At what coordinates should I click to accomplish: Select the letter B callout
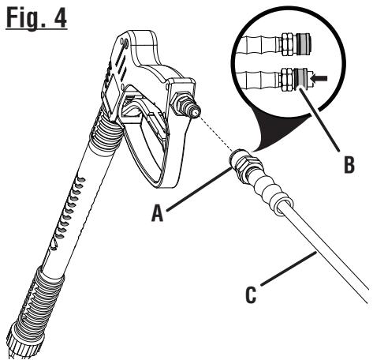(x=348, y=168)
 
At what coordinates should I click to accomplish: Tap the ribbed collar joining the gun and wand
(x=107, y=147)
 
